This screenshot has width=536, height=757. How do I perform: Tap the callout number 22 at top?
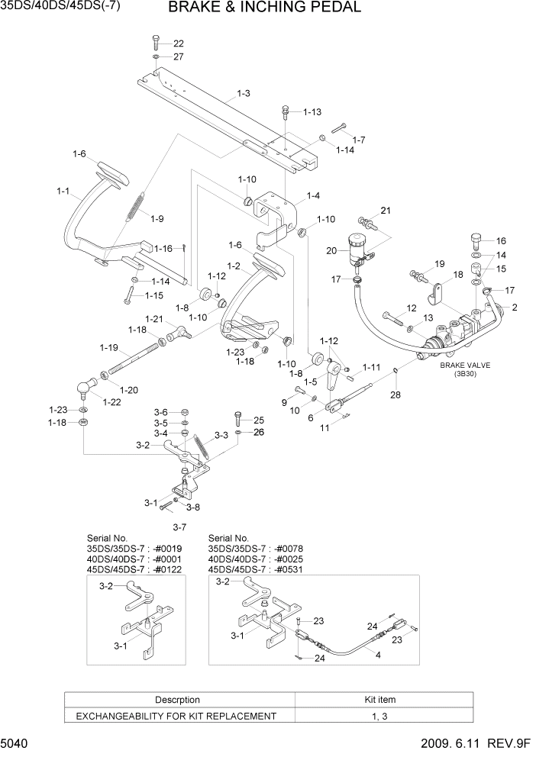[x=178, y=43]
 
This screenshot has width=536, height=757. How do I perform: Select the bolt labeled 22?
[x=156, y=42]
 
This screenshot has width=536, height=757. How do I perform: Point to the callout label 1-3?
[x=244, y=93]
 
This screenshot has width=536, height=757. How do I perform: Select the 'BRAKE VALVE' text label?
[x=465, y=366]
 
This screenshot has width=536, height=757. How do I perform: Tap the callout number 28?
[x=395, y=395]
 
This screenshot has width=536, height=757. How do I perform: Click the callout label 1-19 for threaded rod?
[x=108, y=347]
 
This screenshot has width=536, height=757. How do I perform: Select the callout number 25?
[x=258, y=420]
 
